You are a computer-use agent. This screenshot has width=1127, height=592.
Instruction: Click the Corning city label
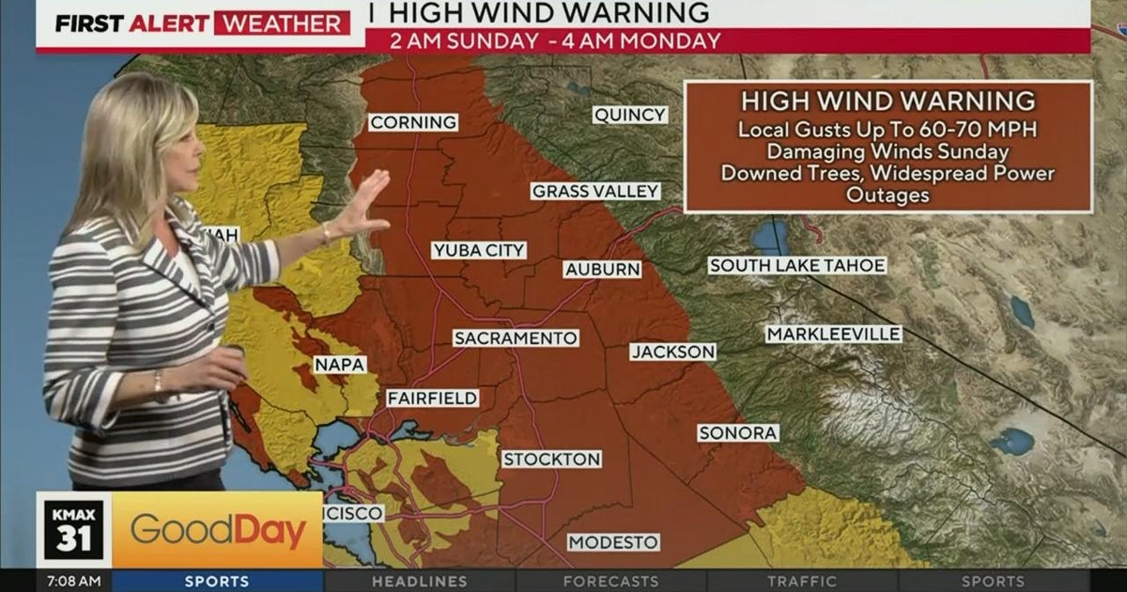click(x=413, y=122)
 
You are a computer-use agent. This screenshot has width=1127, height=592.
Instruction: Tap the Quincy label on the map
click(x=629, y=115)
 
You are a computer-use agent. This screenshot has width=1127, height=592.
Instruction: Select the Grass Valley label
click(x=595, y=191)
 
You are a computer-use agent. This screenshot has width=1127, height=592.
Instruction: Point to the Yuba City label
click(x=479, y=250)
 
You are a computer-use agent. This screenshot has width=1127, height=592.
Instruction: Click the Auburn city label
click(x=602, y=270)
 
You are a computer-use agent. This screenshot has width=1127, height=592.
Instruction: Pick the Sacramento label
click(x=515, y=338)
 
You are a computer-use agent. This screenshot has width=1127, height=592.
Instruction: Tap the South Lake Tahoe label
click(x=796, y=266)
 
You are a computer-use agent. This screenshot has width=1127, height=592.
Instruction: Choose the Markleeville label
click(x=833, y=335)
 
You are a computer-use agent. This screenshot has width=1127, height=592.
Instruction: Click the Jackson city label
click(x=672, y=351)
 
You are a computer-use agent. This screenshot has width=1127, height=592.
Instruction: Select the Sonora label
click(x=737, y=433)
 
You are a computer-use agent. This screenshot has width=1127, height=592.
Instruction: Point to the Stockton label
click(x=551, y=460)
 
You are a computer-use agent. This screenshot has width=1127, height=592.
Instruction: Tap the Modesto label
click(x=613, y=543)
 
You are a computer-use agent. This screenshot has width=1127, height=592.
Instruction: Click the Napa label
click(x=340, y=365)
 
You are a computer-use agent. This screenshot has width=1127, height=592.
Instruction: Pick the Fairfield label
click(x=432, y=398)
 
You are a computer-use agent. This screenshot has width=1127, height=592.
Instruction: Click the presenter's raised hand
click(x=363, y=204)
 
